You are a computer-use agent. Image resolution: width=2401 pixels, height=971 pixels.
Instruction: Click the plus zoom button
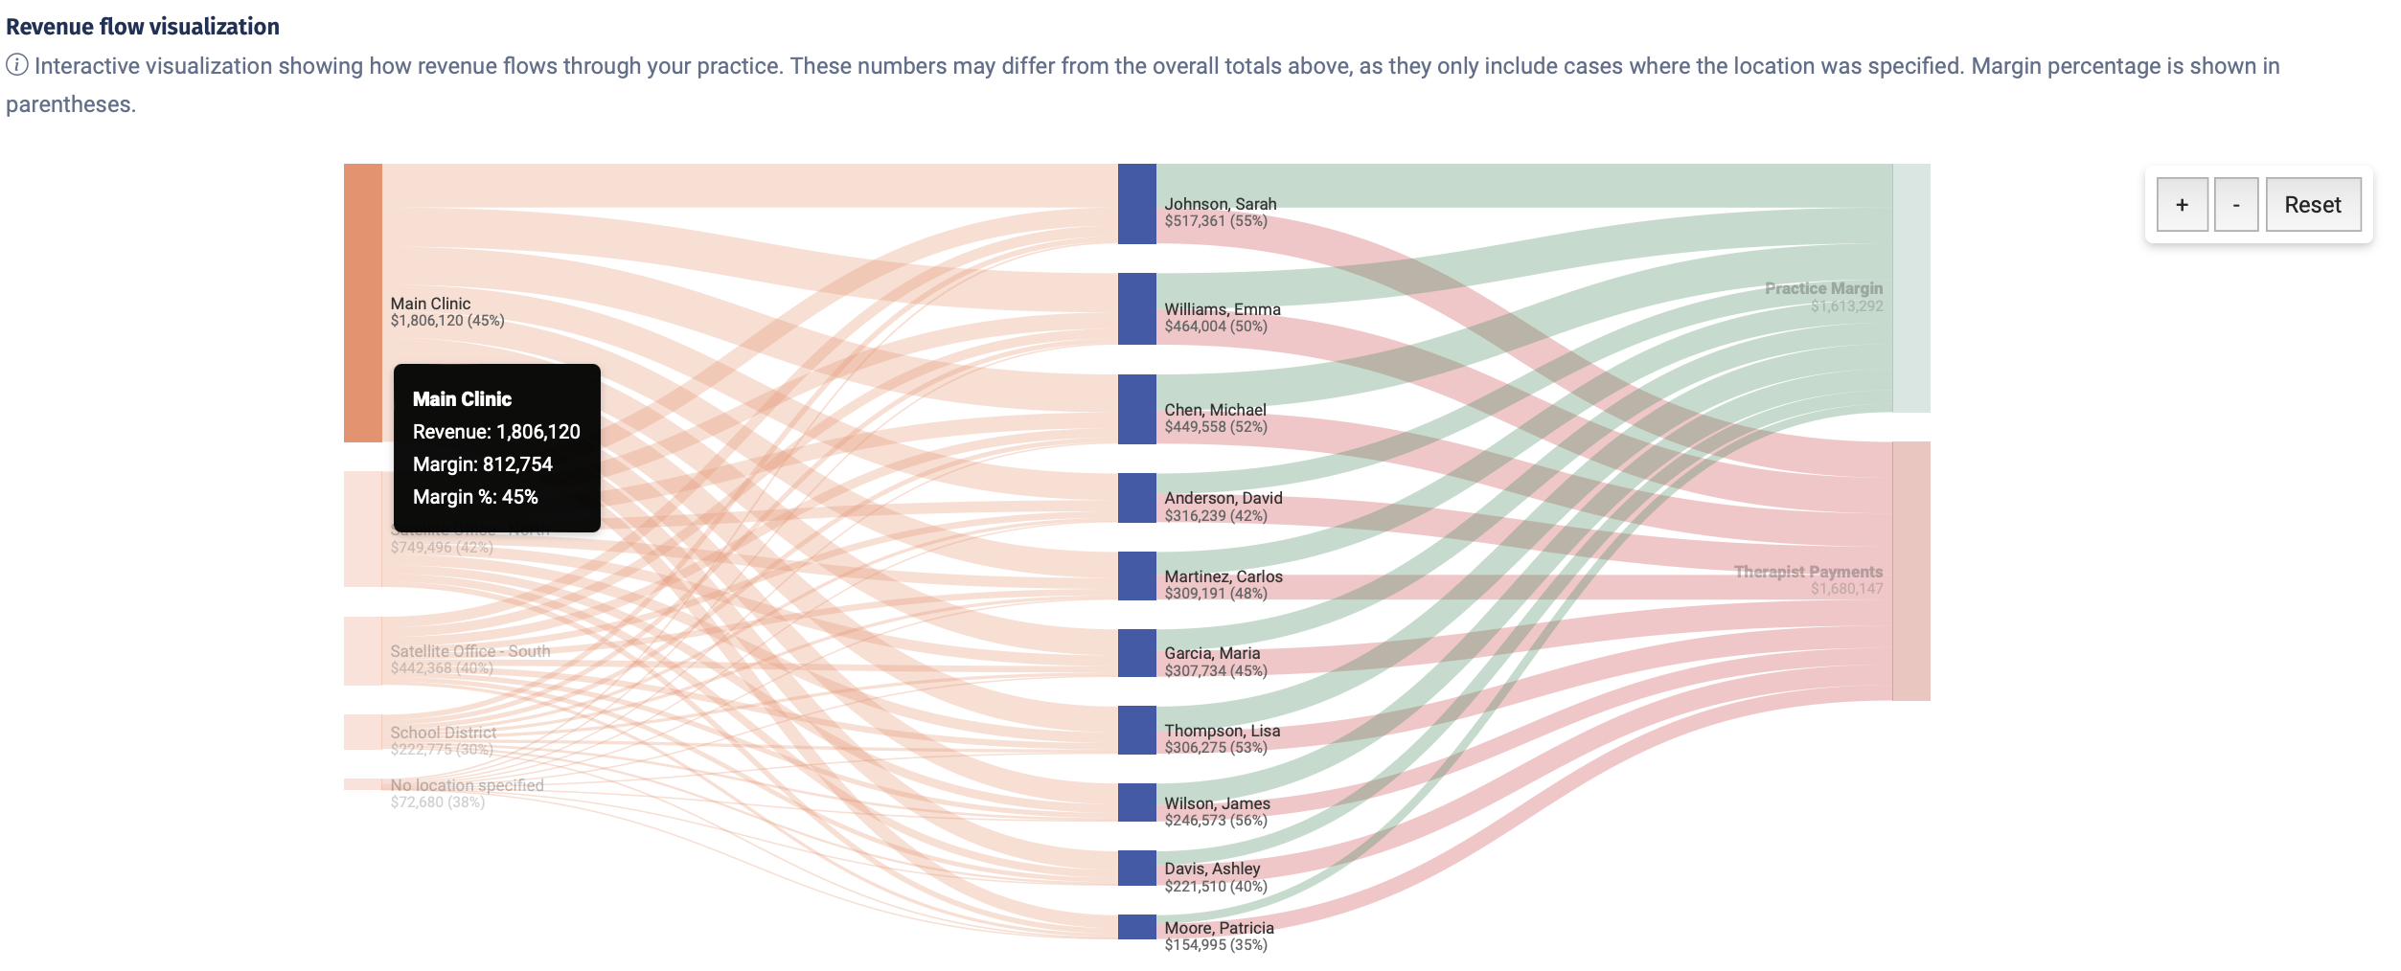point(2182,204)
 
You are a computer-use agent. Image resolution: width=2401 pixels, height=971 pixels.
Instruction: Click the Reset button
point(2312,204)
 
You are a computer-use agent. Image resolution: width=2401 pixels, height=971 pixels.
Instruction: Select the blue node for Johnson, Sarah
point(1136,203)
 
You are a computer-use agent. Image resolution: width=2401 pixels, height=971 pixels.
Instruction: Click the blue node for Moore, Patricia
point(1136,926)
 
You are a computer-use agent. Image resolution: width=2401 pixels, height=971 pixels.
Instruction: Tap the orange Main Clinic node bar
point(362,302)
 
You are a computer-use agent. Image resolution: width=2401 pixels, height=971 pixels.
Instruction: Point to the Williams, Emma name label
point(1222,308)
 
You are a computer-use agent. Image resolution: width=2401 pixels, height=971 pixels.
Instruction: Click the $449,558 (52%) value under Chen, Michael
point(1215,427)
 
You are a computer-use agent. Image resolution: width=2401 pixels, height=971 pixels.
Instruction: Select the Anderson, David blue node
point(1136,497)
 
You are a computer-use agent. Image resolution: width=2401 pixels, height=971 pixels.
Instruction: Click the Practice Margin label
point(1823,288)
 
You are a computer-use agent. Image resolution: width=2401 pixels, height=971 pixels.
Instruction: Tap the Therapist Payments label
point(1808,572)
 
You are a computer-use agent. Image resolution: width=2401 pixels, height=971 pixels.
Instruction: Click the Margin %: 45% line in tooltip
point(475,497)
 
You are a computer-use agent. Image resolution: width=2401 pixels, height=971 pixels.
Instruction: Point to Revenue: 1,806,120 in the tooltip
point(496,432)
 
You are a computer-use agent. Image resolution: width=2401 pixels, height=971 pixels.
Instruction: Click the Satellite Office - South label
point(469,651)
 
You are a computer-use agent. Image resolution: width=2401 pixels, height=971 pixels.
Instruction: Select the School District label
point(443,733)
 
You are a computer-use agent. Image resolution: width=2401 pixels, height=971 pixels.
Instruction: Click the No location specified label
point(467,785)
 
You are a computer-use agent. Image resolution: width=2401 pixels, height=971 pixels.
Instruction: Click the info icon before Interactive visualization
point(17,65)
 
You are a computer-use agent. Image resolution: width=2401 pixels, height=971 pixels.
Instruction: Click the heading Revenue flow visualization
point(143,27)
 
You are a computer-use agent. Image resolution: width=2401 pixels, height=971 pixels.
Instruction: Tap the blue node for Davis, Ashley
point(1136,868)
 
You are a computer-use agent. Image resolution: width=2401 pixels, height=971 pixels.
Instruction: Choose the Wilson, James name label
point(1217,803)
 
